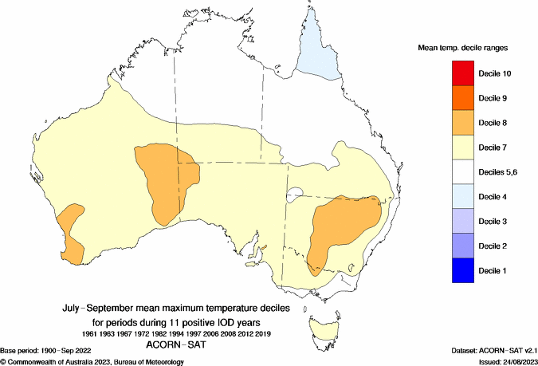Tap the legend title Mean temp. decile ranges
tap(463, 49)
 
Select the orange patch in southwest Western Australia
tap(72, 231)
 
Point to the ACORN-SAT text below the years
tap(178, 345)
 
